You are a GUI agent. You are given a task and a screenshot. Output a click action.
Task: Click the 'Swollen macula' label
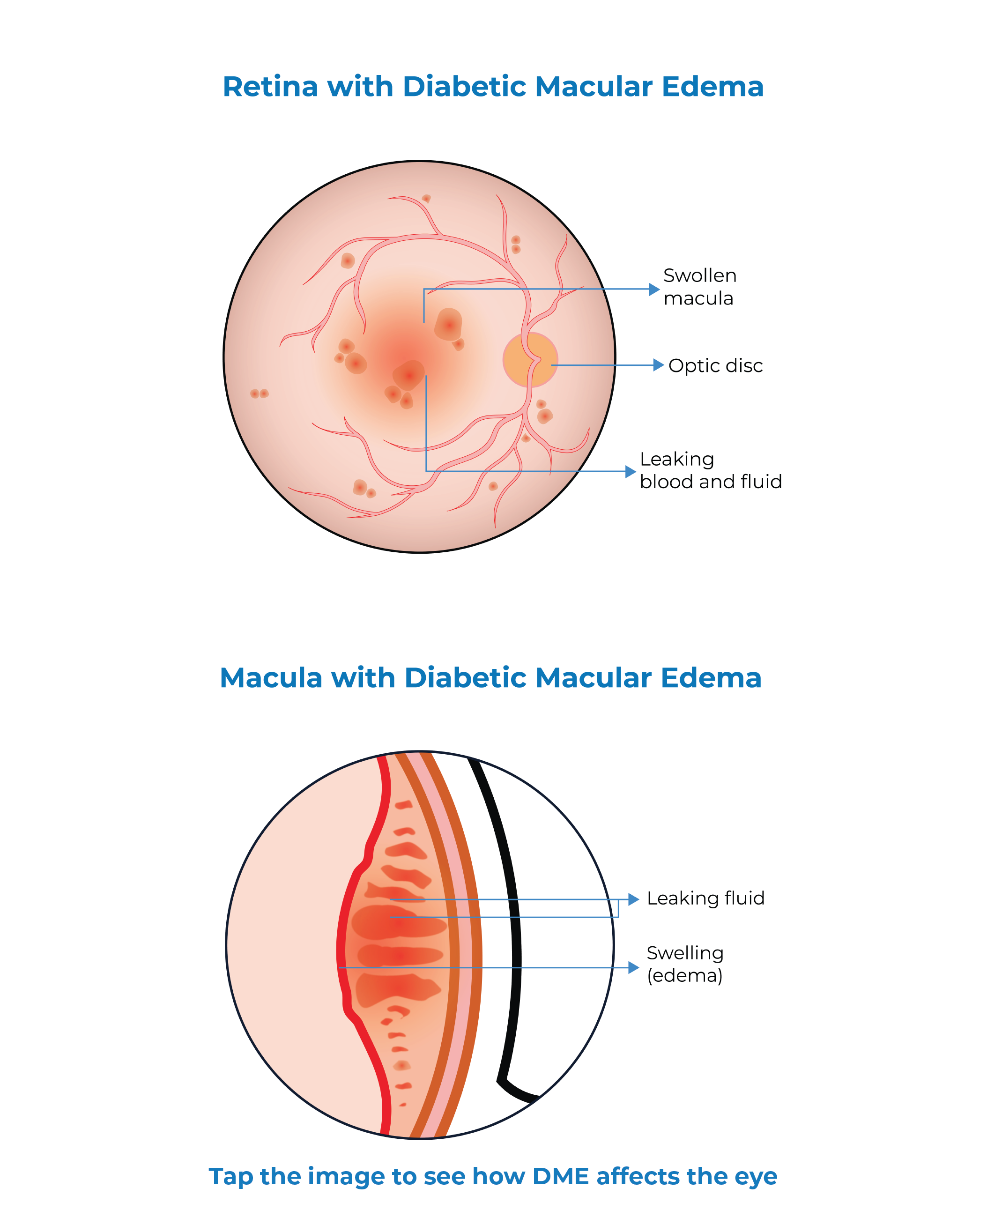(699, 287)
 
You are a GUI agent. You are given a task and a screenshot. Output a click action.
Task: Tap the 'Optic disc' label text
(715, 365)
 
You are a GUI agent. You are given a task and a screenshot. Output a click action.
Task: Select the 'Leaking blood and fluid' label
(710, 470)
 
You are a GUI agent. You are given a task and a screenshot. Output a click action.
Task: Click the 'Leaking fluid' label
(705, 898)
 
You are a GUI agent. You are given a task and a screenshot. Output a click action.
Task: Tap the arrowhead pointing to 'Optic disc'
(658, 365)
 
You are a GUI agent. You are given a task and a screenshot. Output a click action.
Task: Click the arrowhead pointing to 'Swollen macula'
(654, 289)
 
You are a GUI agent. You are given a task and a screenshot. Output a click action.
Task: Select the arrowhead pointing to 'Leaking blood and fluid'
(630, 471)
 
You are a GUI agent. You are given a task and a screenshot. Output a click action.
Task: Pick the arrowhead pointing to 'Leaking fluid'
(633, 899)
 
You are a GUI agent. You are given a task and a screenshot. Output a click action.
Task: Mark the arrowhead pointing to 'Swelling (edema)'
(633, 968)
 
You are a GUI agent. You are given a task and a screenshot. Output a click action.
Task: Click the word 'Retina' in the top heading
(270, 87)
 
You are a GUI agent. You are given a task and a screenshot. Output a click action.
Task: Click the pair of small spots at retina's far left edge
(259, 393)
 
